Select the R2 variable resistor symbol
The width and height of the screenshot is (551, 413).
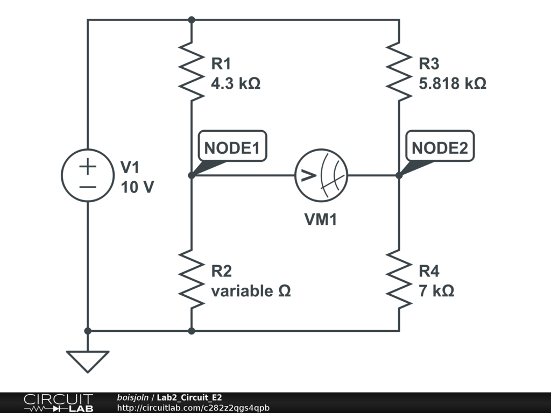tap(191, 279)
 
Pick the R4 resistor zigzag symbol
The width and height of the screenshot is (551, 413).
tap(399, 279)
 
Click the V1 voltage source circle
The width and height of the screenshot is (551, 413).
tap(88, 175)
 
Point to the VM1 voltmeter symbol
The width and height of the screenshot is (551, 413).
tap(321, 175)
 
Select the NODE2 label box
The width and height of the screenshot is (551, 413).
tap(440, 146)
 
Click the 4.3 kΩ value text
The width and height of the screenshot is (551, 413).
tap(236, 84)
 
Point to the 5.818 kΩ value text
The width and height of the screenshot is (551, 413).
tap(453, 84)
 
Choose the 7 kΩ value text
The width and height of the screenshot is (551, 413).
tap(436, 291)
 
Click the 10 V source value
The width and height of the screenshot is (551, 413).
tap(137, 188)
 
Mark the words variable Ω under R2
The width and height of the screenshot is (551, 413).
tap(251, 291)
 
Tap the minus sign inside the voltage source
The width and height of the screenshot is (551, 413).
tap(88, 187)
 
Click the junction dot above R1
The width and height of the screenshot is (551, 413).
tap(191, 20)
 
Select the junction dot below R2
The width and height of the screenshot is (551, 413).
tap(191, 331)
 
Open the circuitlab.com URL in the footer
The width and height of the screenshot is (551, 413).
tap(193, 408)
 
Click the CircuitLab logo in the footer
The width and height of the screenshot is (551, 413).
tap(58, 403)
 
